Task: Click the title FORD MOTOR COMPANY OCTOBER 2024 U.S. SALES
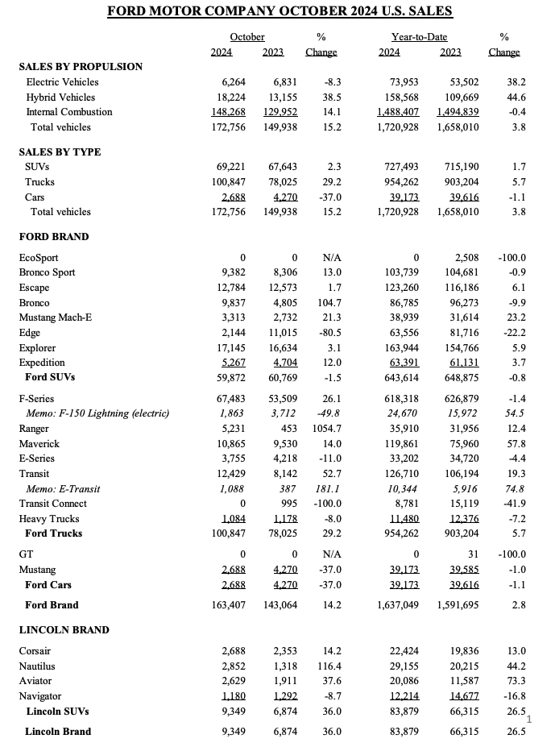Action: pos(280,11)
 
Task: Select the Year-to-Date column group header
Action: pos(419,37)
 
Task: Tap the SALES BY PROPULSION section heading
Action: pos(81,66)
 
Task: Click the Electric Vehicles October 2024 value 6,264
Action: pos(234,81)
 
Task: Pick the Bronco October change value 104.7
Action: pos(328,302)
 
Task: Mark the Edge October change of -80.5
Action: pos(328,333)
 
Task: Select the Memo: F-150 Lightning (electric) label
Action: pos(97,413)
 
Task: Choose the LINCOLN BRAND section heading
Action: pos(64,629)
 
